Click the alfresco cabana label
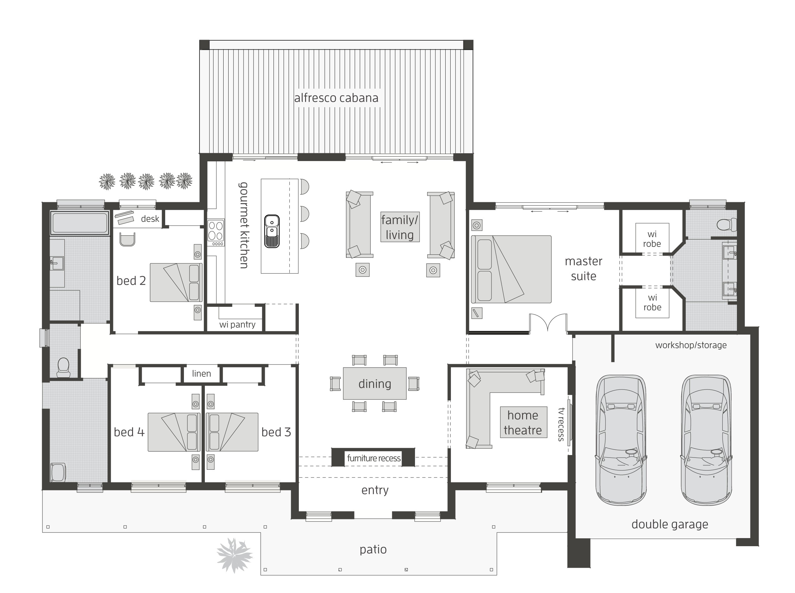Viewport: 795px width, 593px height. pyautogui.click(x=336, y=98)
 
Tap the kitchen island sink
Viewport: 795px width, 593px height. pyautogui.click(x=272, y=231)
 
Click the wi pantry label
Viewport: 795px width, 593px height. pyautogui.click(x=237, y=325)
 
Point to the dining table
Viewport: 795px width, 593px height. pyautogui.click(x=374, y=383)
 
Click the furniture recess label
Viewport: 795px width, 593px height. pyautogui.click(x=373, y=458)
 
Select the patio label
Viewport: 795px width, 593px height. pyautogui.click(x=373, y=549)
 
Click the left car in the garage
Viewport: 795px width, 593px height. pyautogui.click(x=621, y=440)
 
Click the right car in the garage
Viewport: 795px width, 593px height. pyautogui.click(x=706, y=440)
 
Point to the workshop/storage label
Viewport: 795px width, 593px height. pyautogui.click(x=690, y=345)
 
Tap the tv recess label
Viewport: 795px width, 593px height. pyautogui.click(x=561, y=424)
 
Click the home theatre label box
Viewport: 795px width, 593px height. pyautogui.click(x=523, y=423)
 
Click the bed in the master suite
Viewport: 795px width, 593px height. pyautogui.click(x=511, y=269)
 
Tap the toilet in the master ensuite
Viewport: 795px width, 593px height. pyautogui.click(x=726, y=225)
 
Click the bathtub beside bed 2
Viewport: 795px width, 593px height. pyautogui.click(x=79, y=223)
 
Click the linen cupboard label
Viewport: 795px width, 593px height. pyautogui.click(x=201, y=373)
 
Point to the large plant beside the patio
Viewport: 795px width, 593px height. pyautogui.click(x=234, y=555)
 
